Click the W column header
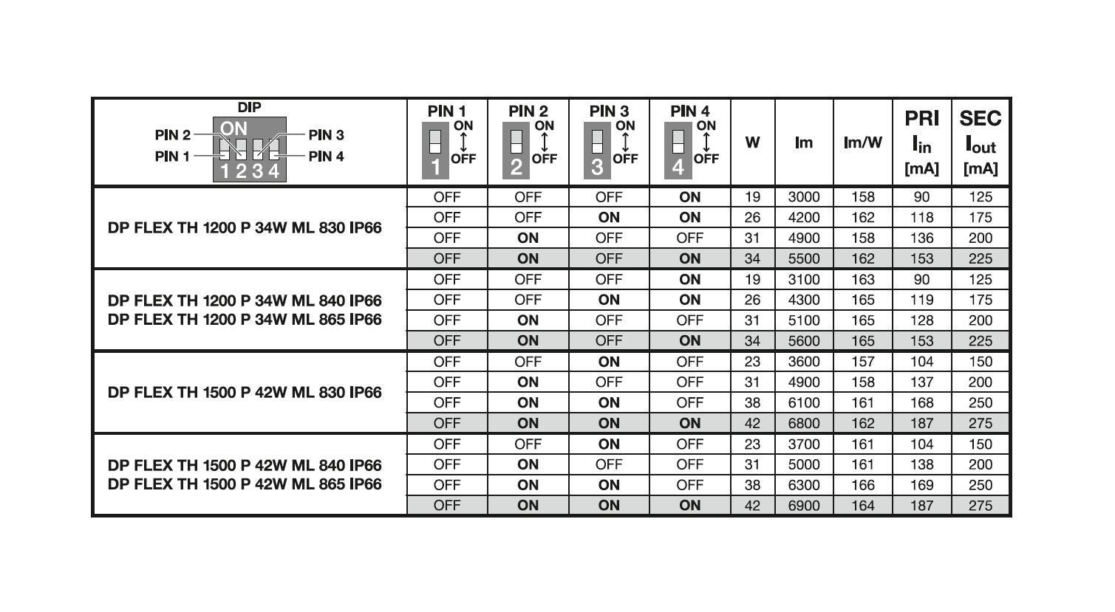click(x=752, y=142)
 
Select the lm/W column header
click(x=862, y=142)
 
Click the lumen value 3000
click(x=804, y=197)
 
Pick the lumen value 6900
click(x=804, y=506)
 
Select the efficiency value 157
click(x=862, y=362)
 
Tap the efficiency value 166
click(x=862, y=485)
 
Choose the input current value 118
click(x=921, y=218)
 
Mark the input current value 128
click(x=921, y=320)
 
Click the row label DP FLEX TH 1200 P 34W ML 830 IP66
click(x=245, y=227)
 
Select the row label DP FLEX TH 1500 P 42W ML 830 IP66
click(x=245, y=392)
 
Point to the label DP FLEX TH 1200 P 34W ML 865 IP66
click(x=245, y=320)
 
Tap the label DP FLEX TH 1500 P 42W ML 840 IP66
click(x=245, y=465)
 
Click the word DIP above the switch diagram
click(x=250, y=108)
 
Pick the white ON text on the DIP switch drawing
click(x=234, y=128)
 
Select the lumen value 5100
click(x=804, y=320)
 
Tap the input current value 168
click(x=921, y=403)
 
